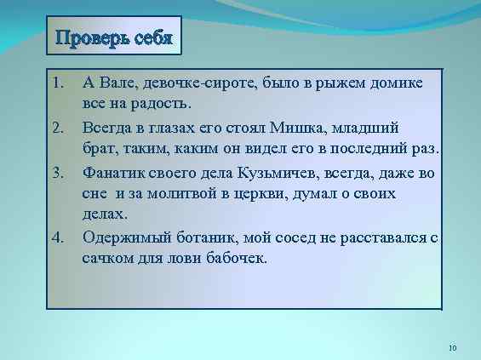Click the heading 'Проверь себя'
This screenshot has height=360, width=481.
(x=114, y=38)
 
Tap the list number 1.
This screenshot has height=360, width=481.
(x=57, y=83)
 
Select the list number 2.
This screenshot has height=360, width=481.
(x=57, y=128)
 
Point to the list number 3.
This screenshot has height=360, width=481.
(x=57, y=172)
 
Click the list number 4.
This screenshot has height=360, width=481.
(x=57, y=236)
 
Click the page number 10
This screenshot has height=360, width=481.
(x=452, y=347)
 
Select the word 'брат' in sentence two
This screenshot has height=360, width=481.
(x=99, y=150)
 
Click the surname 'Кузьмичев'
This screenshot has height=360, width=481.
(x=286, y=172)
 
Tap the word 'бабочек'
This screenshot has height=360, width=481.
(x=238, y=257)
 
